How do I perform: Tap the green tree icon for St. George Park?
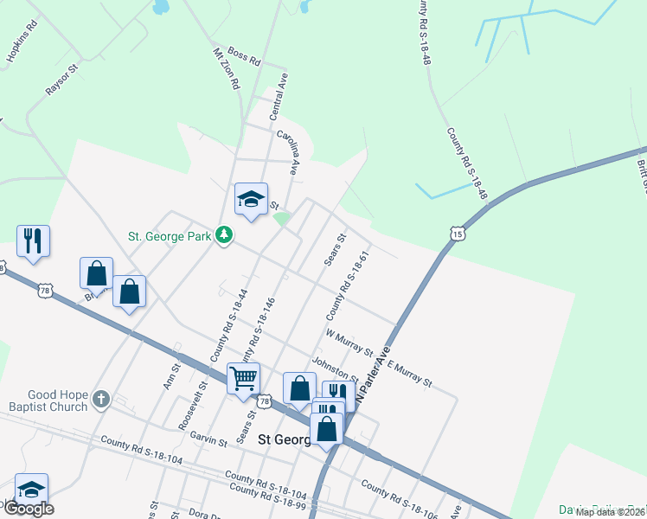(224, 235)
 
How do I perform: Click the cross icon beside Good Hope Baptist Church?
(101, 400)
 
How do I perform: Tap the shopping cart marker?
(243, 377)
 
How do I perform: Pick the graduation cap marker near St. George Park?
(251, 200)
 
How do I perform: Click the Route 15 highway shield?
(457, 233)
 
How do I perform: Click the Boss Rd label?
(243, 59)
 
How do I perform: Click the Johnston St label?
(335, 370)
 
